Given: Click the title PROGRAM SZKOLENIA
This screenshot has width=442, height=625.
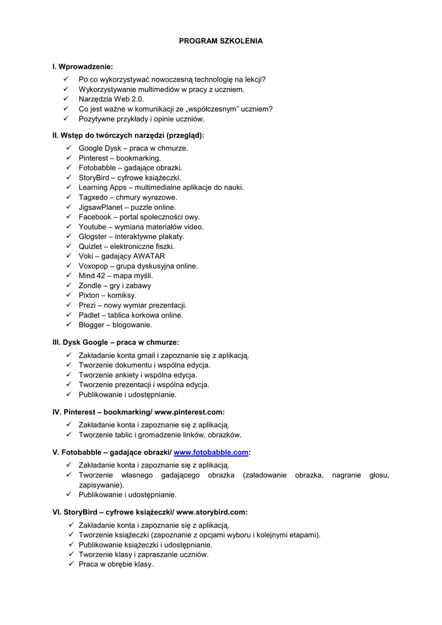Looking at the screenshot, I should coord(220,41).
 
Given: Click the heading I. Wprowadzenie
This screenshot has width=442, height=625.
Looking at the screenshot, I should coord(83,66).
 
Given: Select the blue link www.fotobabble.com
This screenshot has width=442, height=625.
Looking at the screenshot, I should coord(211,452).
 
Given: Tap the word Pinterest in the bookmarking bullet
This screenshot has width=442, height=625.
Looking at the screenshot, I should coord(93,157).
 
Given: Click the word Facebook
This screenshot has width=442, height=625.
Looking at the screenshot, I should coord(95,217).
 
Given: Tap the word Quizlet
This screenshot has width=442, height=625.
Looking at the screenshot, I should coord(91,246).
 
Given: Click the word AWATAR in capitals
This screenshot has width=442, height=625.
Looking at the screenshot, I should coord(149,256).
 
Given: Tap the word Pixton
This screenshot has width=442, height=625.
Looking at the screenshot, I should coord(90,295).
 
